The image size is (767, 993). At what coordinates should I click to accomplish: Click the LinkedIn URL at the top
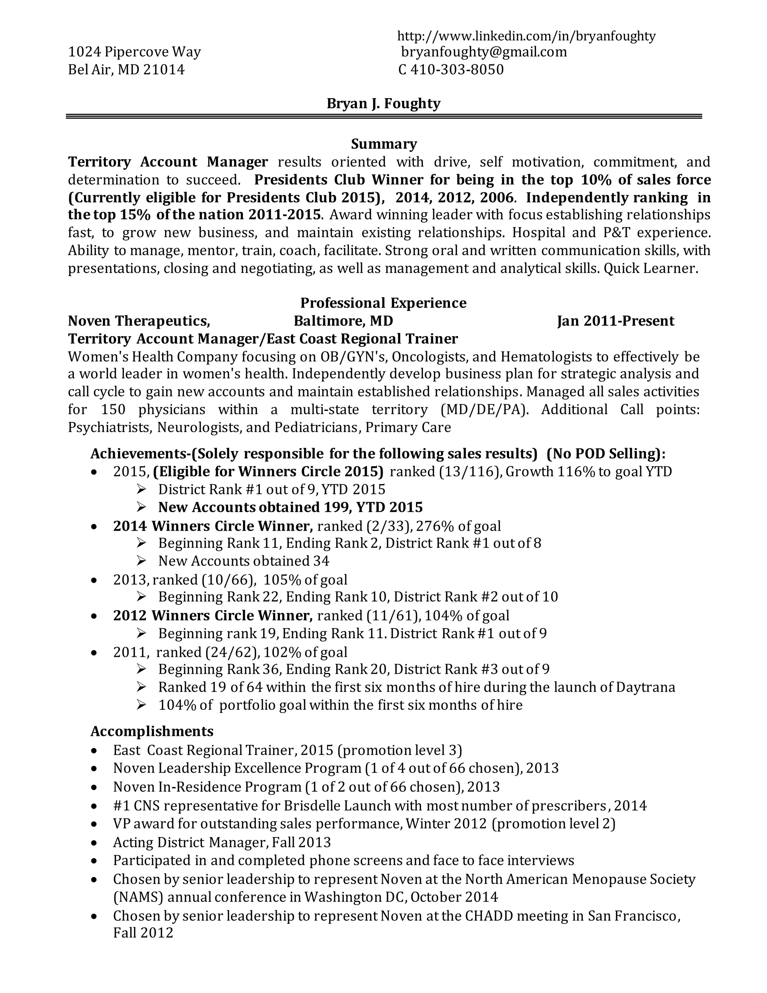(x=526, y=36)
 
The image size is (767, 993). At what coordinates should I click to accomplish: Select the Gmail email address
(x=484, y=52)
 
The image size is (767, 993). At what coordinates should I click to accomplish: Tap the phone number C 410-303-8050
(x=451, y=70)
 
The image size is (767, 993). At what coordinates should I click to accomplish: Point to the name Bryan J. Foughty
(x=383, y=104)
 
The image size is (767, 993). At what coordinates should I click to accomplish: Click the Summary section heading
(x=383, y=144)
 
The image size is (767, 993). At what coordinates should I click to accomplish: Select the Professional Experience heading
(x=383, y=303)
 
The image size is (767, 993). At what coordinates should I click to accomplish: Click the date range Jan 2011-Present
(x=615, y=322)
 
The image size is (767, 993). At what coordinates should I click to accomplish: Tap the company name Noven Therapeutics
(x=139, y=322)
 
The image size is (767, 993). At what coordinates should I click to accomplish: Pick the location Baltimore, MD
(x=343, y=322)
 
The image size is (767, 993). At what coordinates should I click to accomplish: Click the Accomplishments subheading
(x=152, y=731)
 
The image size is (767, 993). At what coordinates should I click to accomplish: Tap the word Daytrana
(x=645, y=687)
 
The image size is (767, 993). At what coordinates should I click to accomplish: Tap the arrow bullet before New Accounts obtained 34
(x=141, y=561)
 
